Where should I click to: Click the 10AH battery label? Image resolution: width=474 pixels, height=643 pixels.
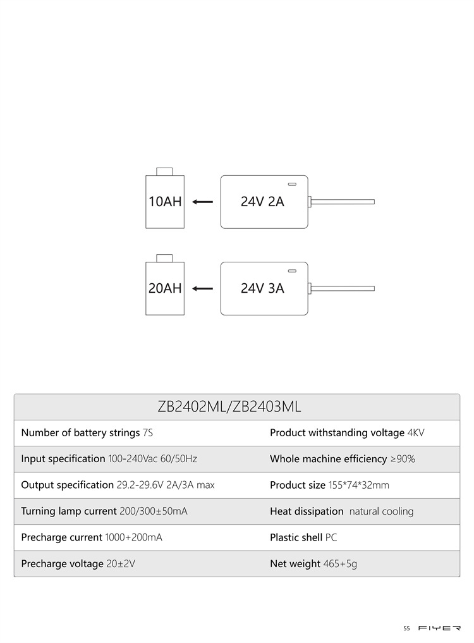click(x=165, y=201)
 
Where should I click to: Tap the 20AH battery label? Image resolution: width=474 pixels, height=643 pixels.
click(x=165, y=288)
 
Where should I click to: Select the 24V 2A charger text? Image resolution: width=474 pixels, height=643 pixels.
click(x=262, y=201)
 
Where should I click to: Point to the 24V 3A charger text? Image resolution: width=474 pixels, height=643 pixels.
click(x=262, y=288)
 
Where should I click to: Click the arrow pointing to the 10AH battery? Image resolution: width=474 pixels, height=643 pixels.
click(x=203, y=201)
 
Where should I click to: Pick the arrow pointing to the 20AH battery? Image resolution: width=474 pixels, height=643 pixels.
click(x=203, y=288)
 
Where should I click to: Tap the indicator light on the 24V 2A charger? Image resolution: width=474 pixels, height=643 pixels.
click(x=292, y=184)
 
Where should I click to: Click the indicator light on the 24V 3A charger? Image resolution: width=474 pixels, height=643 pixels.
click(x=292, y=271)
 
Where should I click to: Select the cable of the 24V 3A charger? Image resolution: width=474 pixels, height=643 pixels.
click(x=343, y=288)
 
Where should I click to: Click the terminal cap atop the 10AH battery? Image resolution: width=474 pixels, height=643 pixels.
click(x=164, y=171)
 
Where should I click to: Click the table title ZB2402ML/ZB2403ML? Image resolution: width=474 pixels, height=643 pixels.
click(x=229, y=407)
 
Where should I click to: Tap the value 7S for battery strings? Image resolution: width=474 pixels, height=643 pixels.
click(x=148, y=433)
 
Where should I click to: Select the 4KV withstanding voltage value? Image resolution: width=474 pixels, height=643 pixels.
click(x=416, y=433)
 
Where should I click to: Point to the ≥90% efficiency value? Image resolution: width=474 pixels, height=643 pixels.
click(x=403, y=459)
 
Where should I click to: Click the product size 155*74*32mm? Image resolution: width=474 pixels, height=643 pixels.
click(x=359, y=485)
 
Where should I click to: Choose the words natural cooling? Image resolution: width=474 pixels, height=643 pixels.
click(x=381, y=511)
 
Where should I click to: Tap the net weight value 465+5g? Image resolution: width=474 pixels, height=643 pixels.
click(x=340, y=564)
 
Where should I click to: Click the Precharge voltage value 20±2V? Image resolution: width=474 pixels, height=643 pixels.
click(x=121, y=564)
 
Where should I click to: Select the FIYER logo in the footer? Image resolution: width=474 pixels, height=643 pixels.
click(x=440, y=628)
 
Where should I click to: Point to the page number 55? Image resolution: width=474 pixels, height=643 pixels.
click(x=406, y=628)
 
